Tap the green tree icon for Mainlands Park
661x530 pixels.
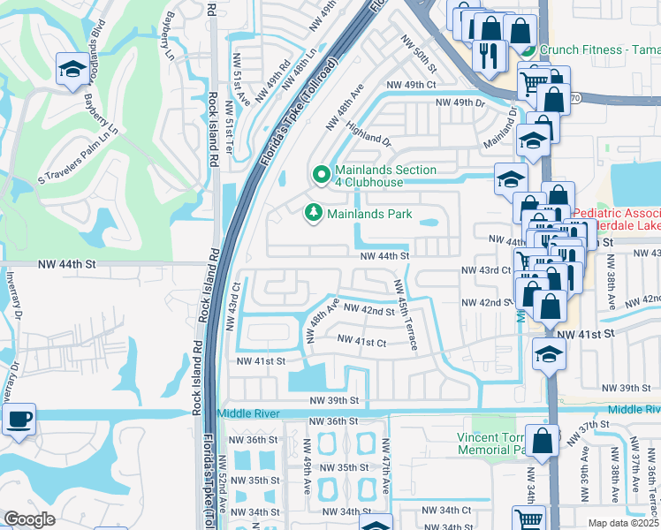click(312, 213)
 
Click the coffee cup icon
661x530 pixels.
click(19, 420)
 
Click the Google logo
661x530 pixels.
click(29, 519)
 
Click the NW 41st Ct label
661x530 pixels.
click(361, 341)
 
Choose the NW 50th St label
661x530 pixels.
click(419, 54)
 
